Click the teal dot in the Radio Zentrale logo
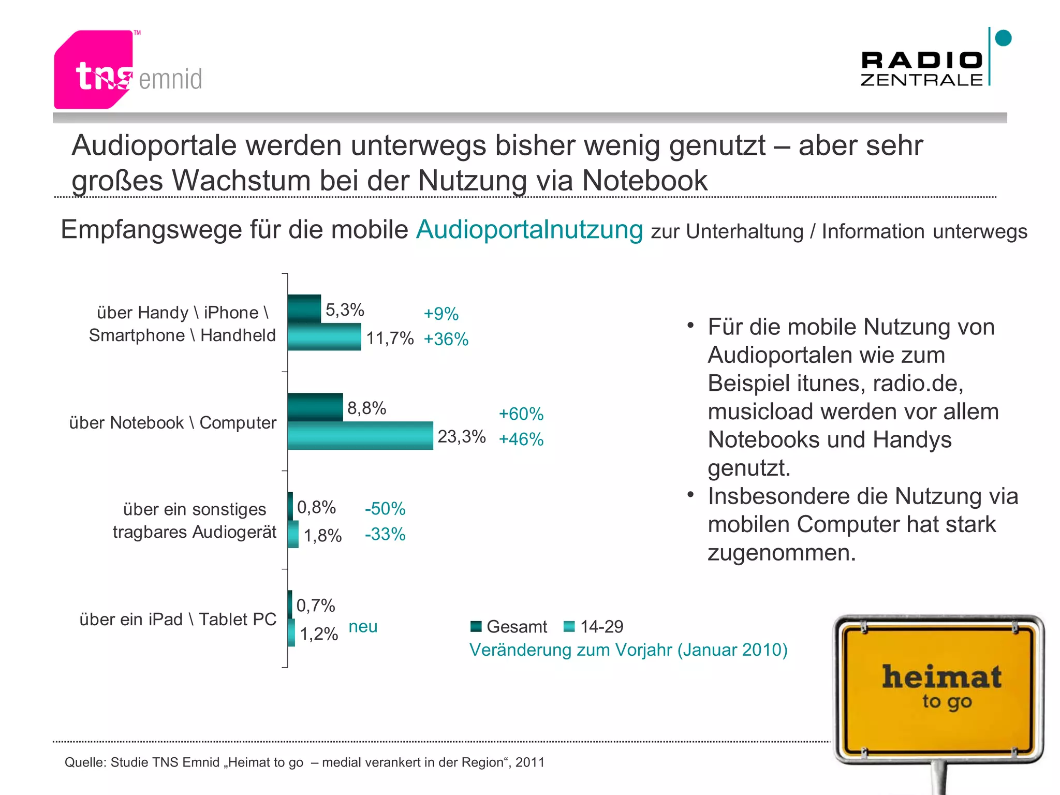click(x=1003, y=38)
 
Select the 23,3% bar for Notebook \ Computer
click(x=360, y=436)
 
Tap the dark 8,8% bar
click(x=315, y=407)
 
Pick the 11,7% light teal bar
click(x=324, y=337)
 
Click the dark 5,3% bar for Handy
click(x=304, y=308)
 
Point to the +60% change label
click(x=521, y=414)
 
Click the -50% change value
click(x=385, y=509)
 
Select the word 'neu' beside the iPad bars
click(x=363, y=627)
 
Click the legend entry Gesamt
click(x=516, y=627)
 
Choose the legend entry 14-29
click(x=601, y=627)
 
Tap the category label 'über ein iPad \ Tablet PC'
click(x=178, y=620)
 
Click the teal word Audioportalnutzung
click(x=529, y=229)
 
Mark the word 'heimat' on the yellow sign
click(x=941, y=678)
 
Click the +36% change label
click(x=446, y=340)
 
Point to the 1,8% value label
click(x=322, y=536)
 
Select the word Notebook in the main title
click(x=644, y=181)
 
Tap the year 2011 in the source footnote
click(x=530, y=762)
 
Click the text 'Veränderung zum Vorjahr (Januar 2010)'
click(x=628, y=650)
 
